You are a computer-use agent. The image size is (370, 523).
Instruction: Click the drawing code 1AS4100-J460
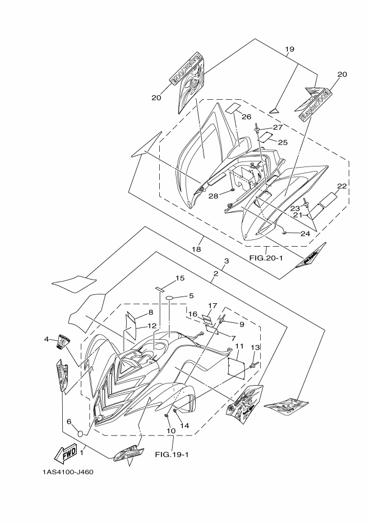point(67,471)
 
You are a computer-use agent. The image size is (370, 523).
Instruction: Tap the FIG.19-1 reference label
point(172,454)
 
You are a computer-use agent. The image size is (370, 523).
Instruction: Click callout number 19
point(289,49)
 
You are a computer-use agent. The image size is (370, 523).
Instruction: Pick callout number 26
point(246,117)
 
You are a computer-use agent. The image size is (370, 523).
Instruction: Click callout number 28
point(212,196)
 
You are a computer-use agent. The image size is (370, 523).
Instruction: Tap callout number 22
point(342,186)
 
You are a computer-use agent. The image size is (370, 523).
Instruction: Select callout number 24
point(305,233)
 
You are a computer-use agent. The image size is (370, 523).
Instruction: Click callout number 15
point(179,278)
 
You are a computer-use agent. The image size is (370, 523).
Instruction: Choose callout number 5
point(191,295)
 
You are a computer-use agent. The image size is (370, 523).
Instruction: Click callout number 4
point(47,339)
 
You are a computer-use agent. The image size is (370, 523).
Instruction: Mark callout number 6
point(69,422)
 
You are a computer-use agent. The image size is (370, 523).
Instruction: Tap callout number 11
point(239,346)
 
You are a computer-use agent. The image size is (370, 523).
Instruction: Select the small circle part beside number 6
point(80,434)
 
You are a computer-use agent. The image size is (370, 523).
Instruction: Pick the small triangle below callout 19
point(274,108)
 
